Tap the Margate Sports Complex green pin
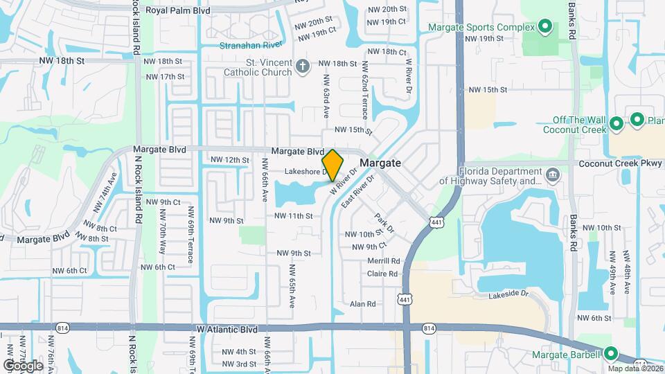pos(544,28)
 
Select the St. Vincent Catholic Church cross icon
pos(301,66)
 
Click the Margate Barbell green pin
pos(610,354)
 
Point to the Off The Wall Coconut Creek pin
pos(616,125)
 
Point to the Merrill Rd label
pos(384,261)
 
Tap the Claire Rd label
pos(382,274)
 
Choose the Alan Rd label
pos(362,304)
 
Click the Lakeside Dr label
pos(508,294)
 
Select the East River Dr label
pos(357,189)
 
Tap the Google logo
pos(22,365)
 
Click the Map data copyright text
pos(635,368)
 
